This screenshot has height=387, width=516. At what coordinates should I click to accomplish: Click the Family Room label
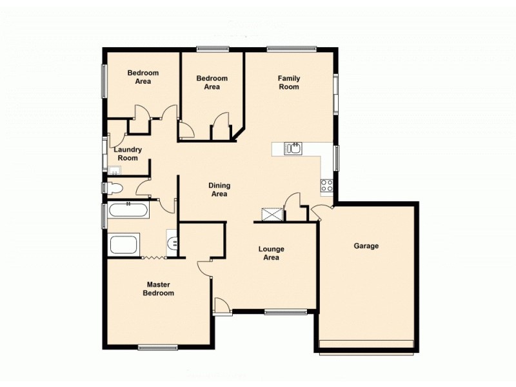[x=289, y=83]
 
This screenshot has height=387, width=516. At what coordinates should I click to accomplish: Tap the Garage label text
[x=366, y=246]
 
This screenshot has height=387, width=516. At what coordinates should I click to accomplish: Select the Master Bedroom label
[x=159, y=288]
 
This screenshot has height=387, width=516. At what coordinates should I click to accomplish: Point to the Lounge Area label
[x=271, y=253]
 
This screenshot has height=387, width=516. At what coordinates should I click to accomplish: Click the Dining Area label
[x=219, y=190]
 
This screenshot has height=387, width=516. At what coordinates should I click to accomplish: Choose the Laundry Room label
[x=128, y=154]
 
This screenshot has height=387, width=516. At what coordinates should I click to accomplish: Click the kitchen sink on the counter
[x=293, y=149]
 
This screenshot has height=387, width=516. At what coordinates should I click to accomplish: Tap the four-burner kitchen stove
[x=326, y=186]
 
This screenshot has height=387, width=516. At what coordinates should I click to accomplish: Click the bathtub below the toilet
[x=128, y=210]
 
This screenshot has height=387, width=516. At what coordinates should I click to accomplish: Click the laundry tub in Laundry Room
[x=114, y=170]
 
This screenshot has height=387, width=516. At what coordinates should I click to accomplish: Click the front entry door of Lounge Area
[x=221, y=306]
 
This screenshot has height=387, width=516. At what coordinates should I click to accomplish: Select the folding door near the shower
[x=154, y=258]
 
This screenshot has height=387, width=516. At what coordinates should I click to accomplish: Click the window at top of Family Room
[x=292, y=48]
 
